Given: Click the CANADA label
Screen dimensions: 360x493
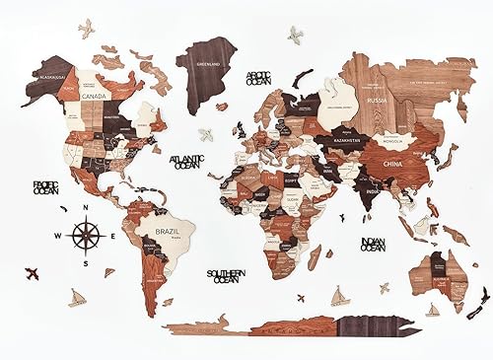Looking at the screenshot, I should [x=97, y=97].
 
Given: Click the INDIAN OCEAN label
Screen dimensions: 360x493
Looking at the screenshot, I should [x=374, y=244].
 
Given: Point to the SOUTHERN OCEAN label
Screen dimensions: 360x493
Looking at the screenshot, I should [x=226, y=276].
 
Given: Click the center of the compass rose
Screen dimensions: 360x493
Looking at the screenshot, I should [x=86, y=235].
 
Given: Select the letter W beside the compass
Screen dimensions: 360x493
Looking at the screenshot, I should [x=59, y=236].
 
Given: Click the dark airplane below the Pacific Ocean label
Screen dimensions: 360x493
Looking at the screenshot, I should [x=32, y=271].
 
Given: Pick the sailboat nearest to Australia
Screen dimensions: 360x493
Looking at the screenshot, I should [x=432, y=309].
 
